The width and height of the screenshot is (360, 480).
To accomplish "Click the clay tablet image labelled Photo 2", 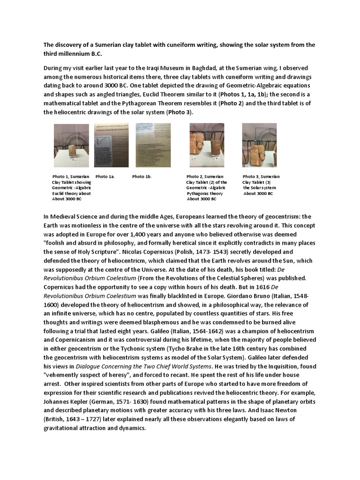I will (x=206, y=145).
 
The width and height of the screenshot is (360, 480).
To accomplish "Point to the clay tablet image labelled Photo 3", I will (x=259, y=145).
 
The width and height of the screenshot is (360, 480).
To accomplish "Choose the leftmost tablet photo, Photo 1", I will (x=71, y=145).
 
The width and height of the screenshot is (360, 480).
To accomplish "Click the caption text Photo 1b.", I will (x=142, y=177).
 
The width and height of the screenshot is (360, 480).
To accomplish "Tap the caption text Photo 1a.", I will (x=105, y=177).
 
